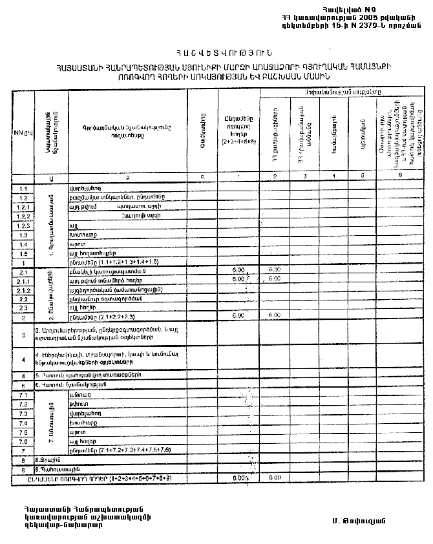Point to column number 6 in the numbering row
[400, 176]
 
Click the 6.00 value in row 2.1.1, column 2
[274, 278]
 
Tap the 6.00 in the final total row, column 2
[274, 478]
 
